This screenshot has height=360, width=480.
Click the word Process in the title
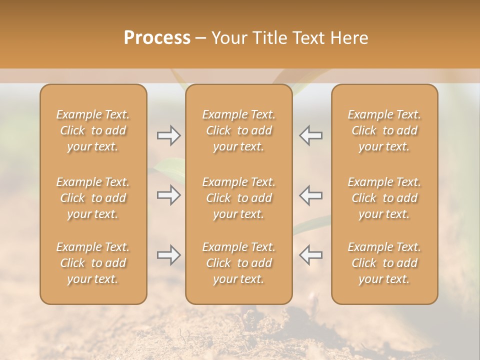157,38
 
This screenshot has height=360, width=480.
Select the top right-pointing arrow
168,135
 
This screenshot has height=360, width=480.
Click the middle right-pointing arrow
168,195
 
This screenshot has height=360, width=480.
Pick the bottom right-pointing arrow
168,255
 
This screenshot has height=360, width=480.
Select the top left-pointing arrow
310,135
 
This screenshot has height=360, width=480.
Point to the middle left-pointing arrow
310,195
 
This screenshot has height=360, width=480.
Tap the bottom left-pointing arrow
310,255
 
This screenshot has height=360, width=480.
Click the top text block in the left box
93,130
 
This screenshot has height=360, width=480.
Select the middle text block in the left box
93,198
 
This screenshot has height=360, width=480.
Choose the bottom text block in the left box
93,263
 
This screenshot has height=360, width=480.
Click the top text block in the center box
239,130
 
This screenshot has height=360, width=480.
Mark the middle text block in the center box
239,198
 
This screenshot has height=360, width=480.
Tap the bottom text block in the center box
239,263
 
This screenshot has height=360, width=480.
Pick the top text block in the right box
384,130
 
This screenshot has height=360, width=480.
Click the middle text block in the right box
384,198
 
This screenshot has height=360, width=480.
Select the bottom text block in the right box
384,263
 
